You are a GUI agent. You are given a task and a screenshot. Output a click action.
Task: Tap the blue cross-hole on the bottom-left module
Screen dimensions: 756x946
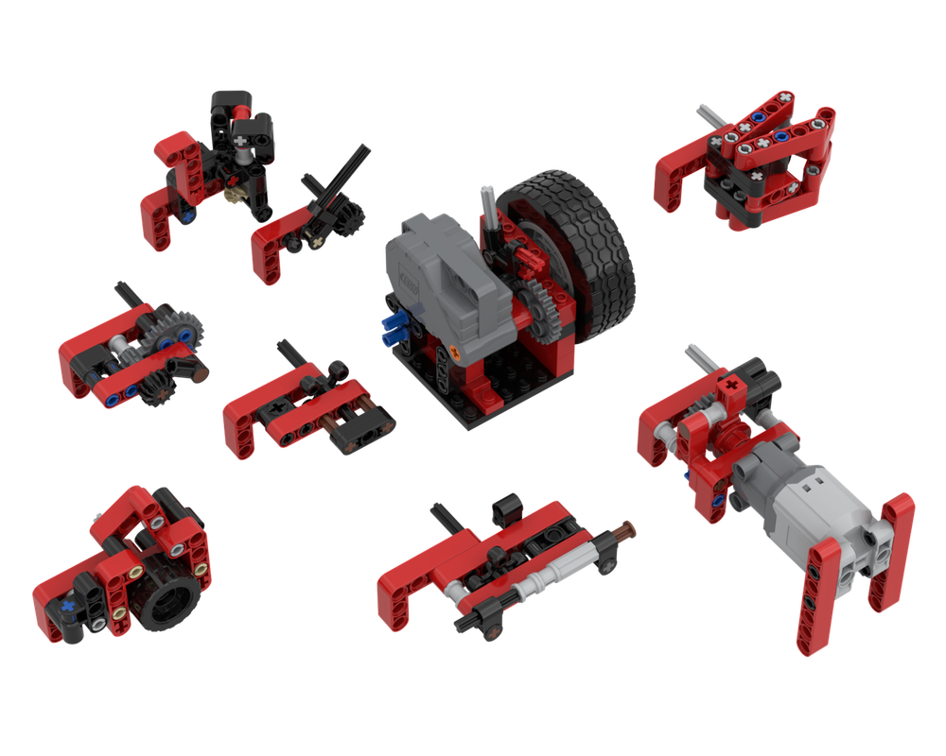(x=69, y=601)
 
